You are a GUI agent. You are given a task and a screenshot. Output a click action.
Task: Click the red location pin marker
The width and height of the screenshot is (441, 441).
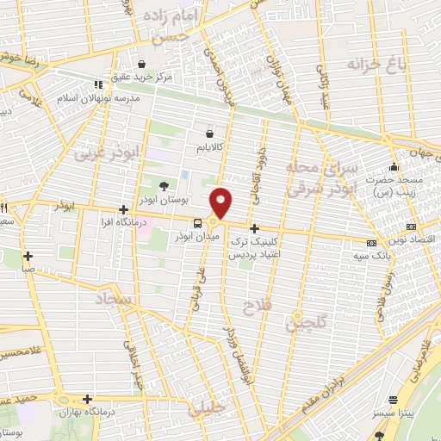pyautogui.click(x=222, y=202)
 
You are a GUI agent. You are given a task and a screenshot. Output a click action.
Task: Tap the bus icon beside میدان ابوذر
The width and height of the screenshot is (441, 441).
pyautogui.click(x=199, y=221)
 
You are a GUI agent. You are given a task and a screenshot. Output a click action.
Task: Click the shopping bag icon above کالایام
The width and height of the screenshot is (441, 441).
pyautogui.click(x=212, y=134)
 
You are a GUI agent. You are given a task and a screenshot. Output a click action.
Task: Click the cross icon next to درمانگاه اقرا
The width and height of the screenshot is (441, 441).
pyautogui.click(x=125, y=209)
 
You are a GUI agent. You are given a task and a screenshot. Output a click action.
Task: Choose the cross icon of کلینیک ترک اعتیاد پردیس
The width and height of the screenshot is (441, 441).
pyautogui.click(x=254, y=228)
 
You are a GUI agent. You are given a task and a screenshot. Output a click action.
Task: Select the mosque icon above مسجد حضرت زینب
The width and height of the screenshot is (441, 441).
pyautogui.click(x=394, y=167)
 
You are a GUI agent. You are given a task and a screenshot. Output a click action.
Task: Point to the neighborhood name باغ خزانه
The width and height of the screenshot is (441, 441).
pyautogui.click(x=376, y=64)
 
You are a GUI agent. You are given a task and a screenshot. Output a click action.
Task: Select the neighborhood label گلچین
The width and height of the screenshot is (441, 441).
pyautogui.click(x=301, y=325)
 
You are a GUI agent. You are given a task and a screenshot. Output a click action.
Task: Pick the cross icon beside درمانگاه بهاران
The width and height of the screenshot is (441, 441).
pyautogui.click(x=88, y=399)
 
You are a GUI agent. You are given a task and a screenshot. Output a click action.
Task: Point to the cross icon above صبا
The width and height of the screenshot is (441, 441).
pyautogui.click(x=28, y=255)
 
